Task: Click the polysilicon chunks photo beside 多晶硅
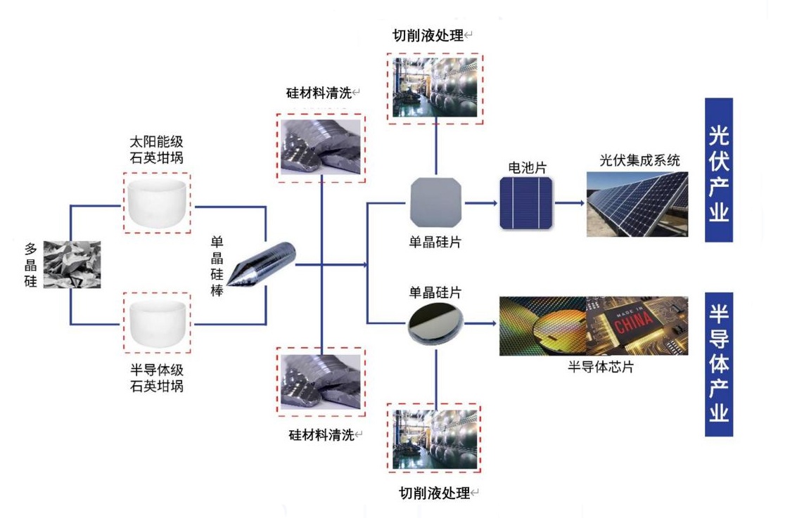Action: tap(71, 264)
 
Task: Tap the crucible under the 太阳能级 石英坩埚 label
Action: tap(157, 202)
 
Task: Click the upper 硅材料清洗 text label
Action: tap(318, 93)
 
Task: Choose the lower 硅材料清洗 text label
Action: tap(319, 434)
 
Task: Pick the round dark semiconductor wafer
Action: tap(435, 324)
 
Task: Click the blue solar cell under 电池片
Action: tap(526, 202)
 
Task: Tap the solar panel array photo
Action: tap(637, 203)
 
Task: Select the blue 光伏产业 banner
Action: tap(719, 170)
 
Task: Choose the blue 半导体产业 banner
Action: tap(719, 365)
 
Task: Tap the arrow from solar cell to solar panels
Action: tap(570, 203)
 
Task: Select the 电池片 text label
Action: tap(527, 168)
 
